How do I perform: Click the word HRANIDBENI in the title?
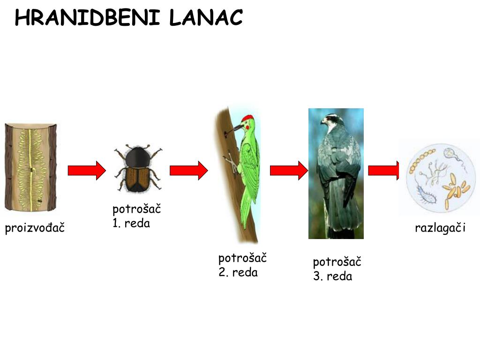89,18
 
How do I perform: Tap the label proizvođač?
35,228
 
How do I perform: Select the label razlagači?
440,228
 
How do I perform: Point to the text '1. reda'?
131,223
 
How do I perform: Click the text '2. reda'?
238,272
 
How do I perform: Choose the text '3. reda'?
333,277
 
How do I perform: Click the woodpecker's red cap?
248,117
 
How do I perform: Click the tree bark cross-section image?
30,167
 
